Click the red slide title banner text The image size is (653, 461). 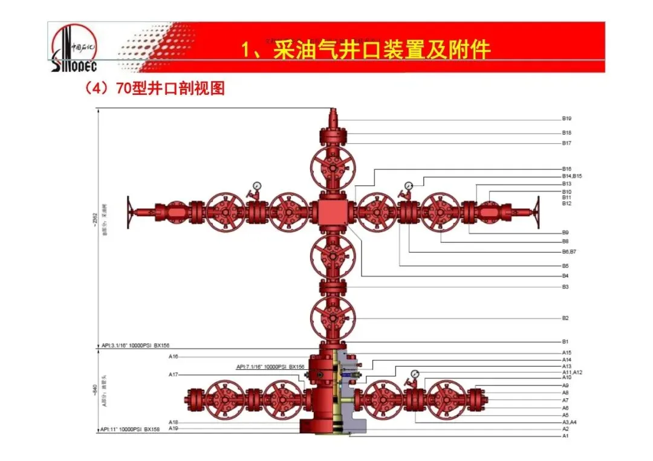[365, 50]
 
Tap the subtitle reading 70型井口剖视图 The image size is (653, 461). [155, 89]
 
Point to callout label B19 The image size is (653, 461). [567, 119]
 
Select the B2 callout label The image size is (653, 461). [565, 318]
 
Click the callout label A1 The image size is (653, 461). [565, 435]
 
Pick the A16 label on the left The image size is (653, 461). [173, 357]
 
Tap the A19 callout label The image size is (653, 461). [173, 428]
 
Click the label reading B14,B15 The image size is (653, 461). [571, 176]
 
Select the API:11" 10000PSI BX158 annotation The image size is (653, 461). [131, 429]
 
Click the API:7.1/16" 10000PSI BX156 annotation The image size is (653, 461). [270, 367]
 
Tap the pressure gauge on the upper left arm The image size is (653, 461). [257, 186]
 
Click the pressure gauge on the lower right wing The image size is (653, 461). [414, 375]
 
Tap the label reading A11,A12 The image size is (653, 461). [571, 372]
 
